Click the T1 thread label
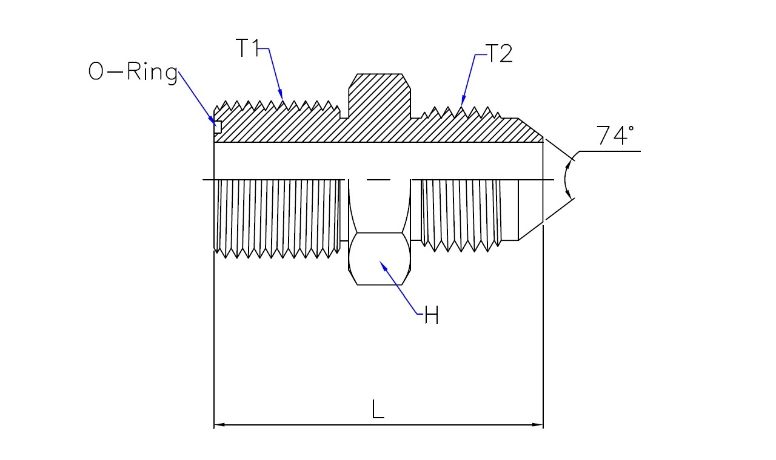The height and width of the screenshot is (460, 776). coord(247,48)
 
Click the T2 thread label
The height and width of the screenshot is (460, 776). coord(499,53)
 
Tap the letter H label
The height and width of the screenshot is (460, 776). coord(432,315)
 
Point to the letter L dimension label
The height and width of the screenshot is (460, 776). coord(378,409)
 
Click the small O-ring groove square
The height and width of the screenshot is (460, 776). coord(218,127)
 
